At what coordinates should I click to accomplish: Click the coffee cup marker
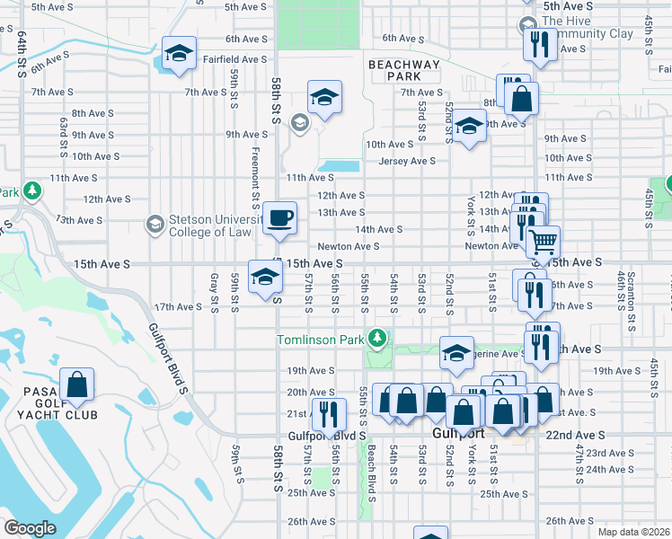pos(279,218)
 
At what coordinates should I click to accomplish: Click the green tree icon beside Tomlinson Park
pos(379,339)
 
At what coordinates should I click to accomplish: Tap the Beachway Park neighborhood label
pos(403,70)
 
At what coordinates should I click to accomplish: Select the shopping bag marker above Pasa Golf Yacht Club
pos(78,384)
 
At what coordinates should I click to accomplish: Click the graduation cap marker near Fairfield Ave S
pos(179,53)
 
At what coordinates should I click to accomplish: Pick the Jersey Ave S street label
pos(406,161)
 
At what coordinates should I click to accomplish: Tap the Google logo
pos(31,527)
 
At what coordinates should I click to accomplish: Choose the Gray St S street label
pos(214,294)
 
